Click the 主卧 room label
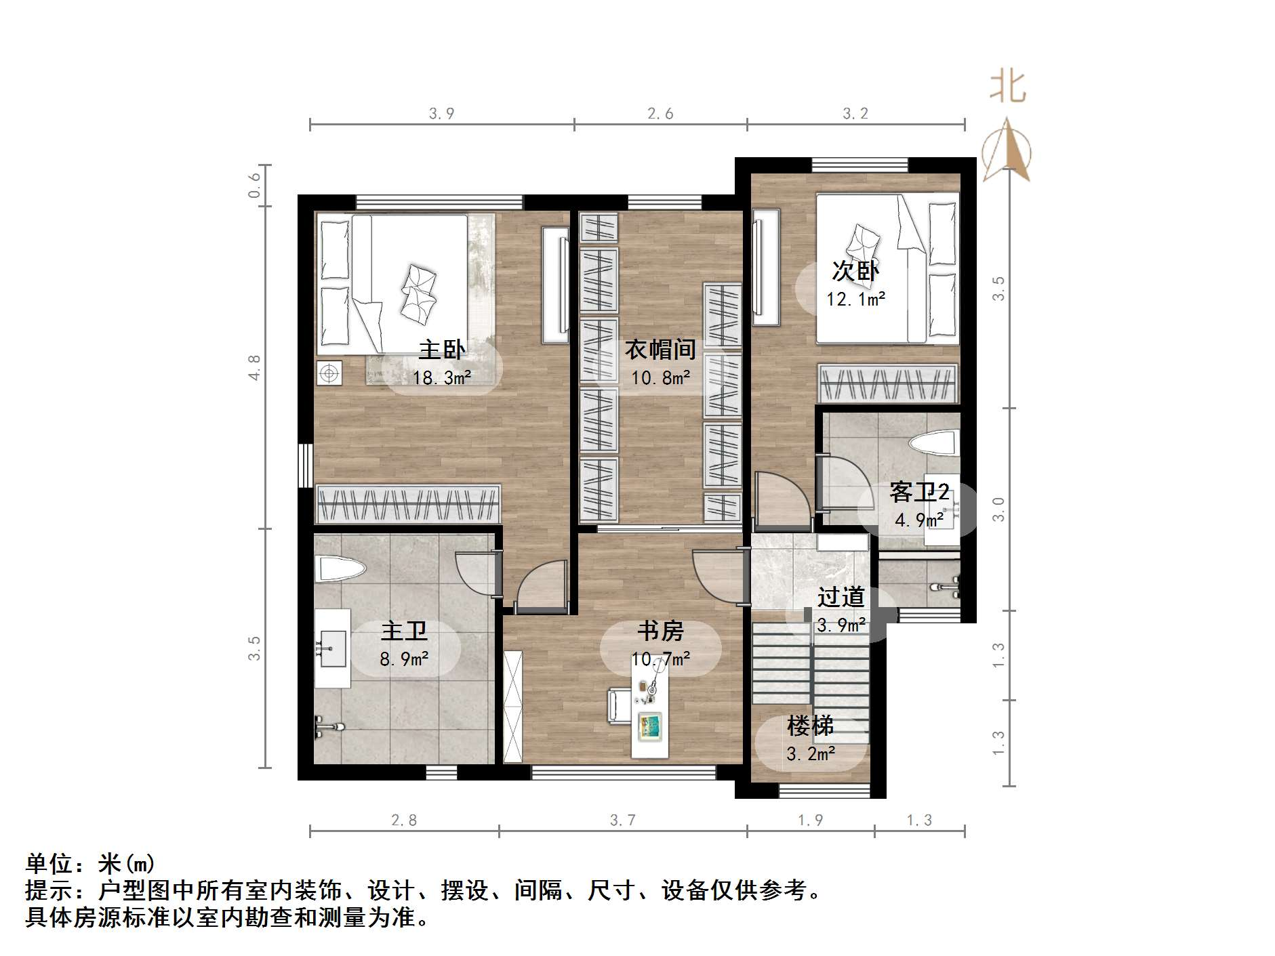pyautogui.click(x=441, y=350)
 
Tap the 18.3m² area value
pyautogui.click(x=441, y=377)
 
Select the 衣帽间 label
pyautogui.click(x=660, y=350)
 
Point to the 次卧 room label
pyautogui.click(x=855, y=271)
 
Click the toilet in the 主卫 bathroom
pyautogui.click(x=340, y=569)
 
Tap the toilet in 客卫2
pyautogui.click(x=933, y=444)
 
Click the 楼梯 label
pyautogui.click(x=810, y=726)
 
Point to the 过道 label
pyautogui.click(x=841, y=597)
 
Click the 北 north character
pyautogui.click(x=1007, y=87)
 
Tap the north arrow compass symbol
pyautogui.click(x=1007, y=152)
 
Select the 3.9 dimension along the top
pyautogui.click(x=441, y=113)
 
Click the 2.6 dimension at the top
pyautogui.click(x=660, y=113)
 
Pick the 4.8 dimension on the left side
pyautogui.click(x=254, y=367)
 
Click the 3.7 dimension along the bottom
pyautogui.click(x=622, y=820)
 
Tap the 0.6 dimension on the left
pyautogui.click(x=254, y=185)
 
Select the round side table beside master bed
pyautogui.click(x=329, y=373)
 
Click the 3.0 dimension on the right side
pyautogui.click(x=998, y=509)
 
